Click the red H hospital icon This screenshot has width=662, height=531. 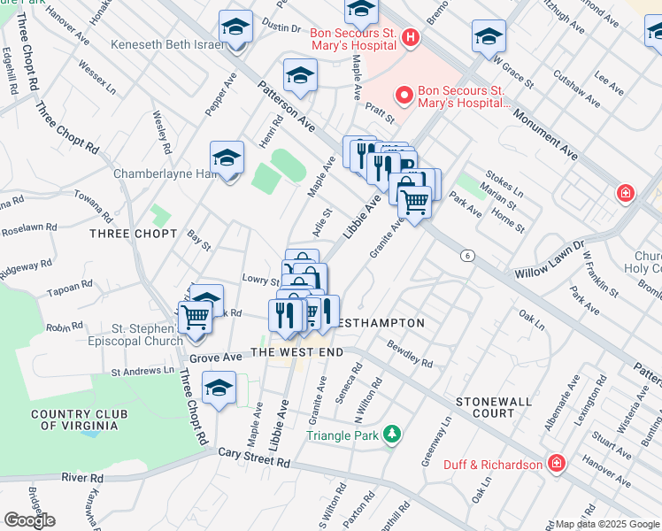(x=409, y=37)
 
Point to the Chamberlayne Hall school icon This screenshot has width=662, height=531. (x=227, y=158)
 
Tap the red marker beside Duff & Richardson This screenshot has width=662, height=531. (x=556, y=464)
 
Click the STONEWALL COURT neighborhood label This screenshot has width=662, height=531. (x=494, y=407)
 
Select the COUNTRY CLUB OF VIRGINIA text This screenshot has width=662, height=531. (x=74, y=419)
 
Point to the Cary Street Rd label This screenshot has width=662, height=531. (x=255, y=458)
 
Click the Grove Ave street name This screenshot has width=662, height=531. (x=216, y=358)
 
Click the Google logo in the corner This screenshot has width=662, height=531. (x=29, y=520)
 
